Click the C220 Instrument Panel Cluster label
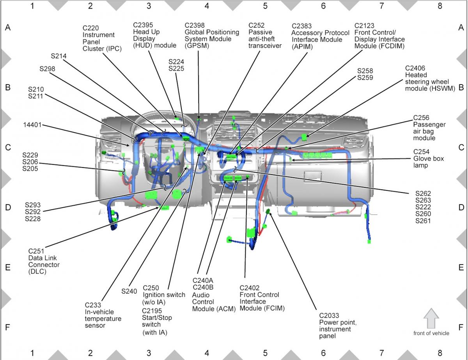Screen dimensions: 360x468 (102, 38)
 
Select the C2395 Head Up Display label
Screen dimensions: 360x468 (154, 35)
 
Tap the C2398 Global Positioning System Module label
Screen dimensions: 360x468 (211, 35)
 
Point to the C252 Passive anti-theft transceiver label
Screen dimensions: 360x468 (265, 35)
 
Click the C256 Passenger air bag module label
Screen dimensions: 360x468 (429, 128)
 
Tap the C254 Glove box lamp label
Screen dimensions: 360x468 (428, 159)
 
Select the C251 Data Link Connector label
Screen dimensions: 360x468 (44, 261)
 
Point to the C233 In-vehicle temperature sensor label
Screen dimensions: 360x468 (103, 315)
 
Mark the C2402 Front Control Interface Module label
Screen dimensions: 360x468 (262, 298)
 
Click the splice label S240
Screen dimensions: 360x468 (129, 291)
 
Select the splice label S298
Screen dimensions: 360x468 (47, 69)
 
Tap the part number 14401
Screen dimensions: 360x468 (32, 125)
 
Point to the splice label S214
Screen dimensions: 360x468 (58, 56)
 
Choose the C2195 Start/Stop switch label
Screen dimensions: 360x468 (157, 321)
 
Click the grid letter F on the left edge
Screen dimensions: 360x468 (7, 327)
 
